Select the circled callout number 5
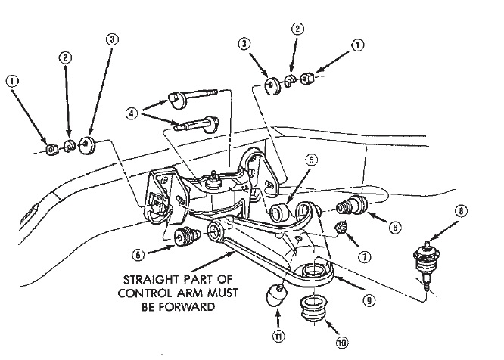[311, 160]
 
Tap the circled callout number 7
[366, 256]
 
